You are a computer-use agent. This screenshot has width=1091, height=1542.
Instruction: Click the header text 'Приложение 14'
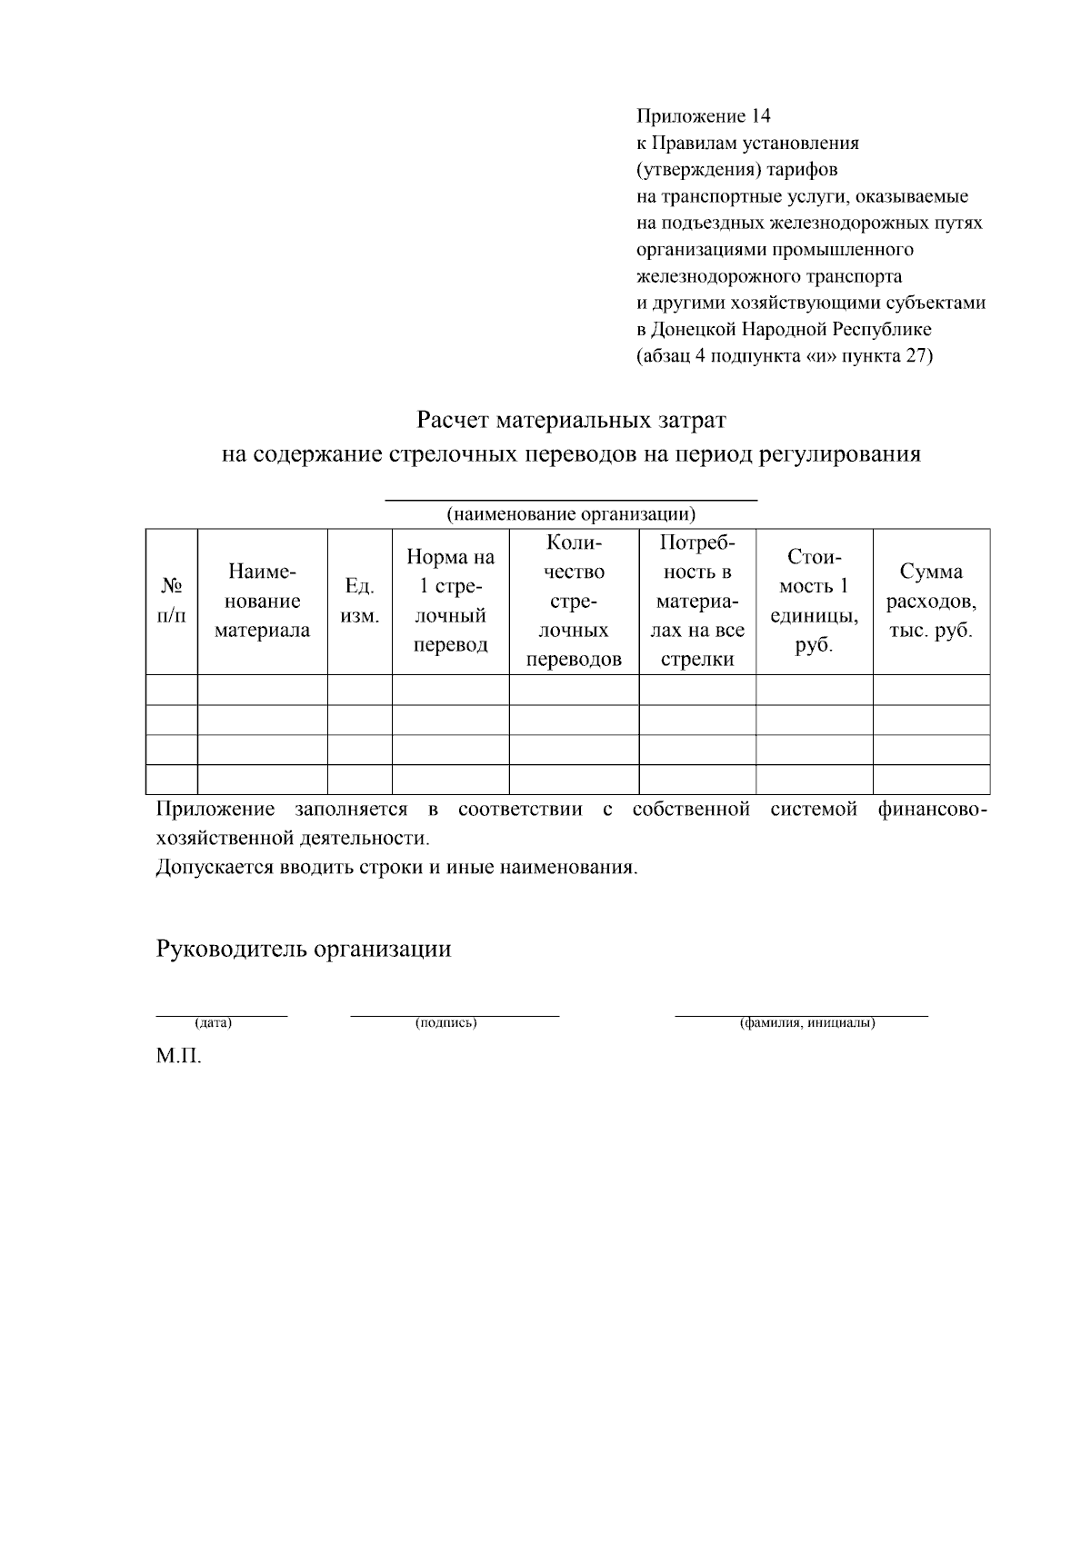click(703, 116)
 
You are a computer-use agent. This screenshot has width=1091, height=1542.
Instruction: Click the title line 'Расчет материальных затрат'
click(571, 421)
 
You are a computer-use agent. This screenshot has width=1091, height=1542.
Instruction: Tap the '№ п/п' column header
click(171, 601)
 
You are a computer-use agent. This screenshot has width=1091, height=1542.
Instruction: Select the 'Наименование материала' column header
click(262, 601)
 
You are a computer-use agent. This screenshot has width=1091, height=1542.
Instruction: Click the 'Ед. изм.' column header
click(359, 601)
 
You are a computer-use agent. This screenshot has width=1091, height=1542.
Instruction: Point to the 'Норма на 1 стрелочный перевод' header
click(450, 601)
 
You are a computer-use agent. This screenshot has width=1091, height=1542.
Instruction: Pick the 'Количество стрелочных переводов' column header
click(574, 601)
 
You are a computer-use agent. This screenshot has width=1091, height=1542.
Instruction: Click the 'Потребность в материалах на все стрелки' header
click(697, 601)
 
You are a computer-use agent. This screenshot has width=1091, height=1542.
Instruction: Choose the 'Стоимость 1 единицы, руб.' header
click(814, 601)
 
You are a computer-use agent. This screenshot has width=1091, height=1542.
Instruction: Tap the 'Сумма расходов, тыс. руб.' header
click(930, 601)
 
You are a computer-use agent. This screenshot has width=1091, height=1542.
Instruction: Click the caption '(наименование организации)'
click(571, 514)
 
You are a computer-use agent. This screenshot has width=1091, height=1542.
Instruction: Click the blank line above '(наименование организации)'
click(571, 499)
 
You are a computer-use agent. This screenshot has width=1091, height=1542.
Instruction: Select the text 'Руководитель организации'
click(304, 950)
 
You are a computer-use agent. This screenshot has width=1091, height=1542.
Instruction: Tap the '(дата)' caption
click(214, 1023)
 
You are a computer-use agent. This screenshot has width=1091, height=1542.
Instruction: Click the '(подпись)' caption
click(446, 1023)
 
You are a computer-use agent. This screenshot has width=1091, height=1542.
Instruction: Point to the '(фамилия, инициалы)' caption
click(807, 1023)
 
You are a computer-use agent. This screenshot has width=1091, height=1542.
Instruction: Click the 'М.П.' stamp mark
click(178, 1058)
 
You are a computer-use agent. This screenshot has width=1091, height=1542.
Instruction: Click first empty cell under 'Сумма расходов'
click(930, 690)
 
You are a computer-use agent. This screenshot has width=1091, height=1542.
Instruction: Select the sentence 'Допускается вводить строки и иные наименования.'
click(396, 867)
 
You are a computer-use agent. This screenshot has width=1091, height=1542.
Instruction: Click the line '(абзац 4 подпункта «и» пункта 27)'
click(784, 355)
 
